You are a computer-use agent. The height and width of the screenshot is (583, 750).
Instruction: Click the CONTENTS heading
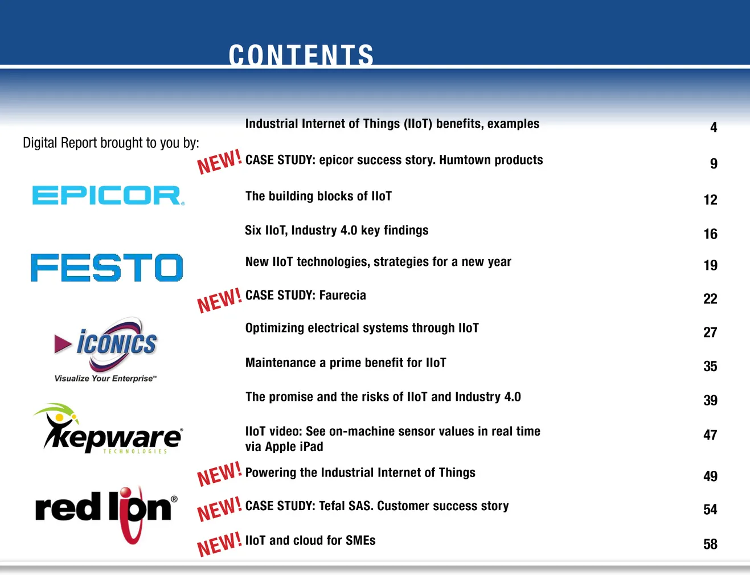pyautogui.click(x=301, y=55)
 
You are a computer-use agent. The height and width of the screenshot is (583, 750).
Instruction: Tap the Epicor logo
pyautogui.click(x=108, y=195)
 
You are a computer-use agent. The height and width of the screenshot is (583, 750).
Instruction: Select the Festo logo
pyautogui.click(x=106, y=268)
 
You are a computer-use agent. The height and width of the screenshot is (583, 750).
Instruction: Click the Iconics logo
pyautogui.click(x=105, y=350)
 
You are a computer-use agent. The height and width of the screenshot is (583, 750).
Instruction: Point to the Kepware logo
pyautogui.click(x=108, y=429)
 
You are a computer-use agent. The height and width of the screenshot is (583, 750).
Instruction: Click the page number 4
pyautogui.click(x=714, y=128)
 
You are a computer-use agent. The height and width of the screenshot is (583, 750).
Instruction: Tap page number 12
pyautogui.click(x=710, y=200)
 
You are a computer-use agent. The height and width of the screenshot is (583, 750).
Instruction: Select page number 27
pyautogui.click(x=710, y=332)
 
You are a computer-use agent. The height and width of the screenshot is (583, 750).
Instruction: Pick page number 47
pyautogui.click(x=710, y=435)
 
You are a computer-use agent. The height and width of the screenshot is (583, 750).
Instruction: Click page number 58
pyautogui.click(x=710, y=544)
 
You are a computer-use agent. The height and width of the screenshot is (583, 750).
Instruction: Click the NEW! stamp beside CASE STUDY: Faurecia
pyautogui.click(x=219, y=301)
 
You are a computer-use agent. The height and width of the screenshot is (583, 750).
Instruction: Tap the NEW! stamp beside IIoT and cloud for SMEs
pyautogui.click(x=219, y=544)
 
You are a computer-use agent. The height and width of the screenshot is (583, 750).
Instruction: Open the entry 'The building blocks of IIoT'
pyautogui.click(x=318, y=196)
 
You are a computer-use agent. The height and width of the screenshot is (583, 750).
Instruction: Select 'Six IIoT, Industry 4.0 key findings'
pyautogui.click(x=337, y=230)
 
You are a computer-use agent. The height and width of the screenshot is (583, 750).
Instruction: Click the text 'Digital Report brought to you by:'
pyautogui.click(x=111, y=143)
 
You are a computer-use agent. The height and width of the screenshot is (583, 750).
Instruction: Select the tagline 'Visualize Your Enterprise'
pyautogui.click(x=105, y=379)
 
